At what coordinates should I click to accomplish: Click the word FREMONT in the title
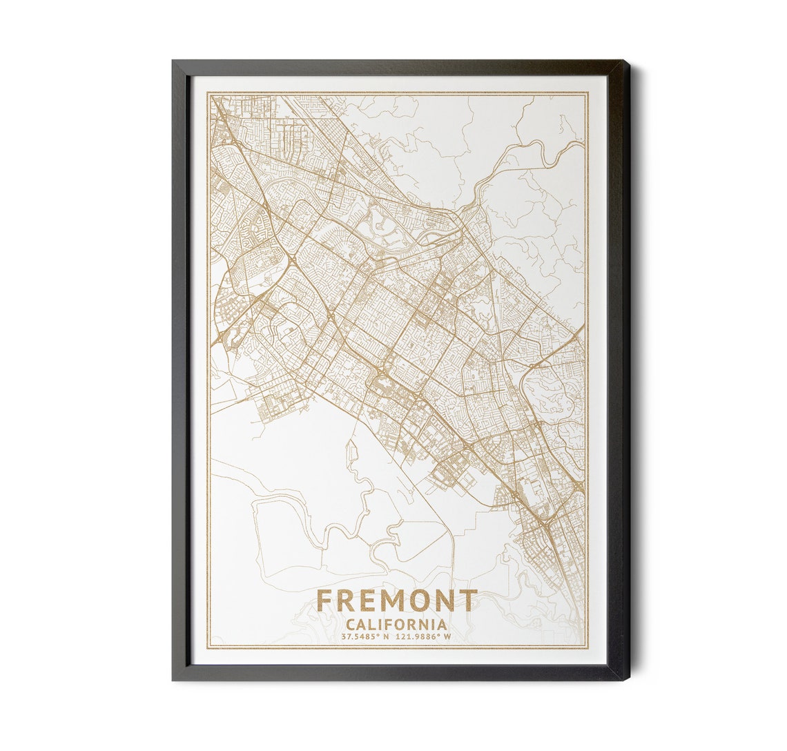(396, 601)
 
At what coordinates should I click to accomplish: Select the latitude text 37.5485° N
(362, 637)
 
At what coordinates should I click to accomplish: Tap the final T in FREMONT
(469, 601)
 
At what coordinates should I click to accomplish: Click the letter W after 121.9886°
(447, 637)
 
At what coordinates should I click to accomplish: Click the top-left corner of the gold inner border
(209, 93)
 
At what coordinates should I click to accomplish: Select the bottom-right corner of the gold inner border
(587, 647)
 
